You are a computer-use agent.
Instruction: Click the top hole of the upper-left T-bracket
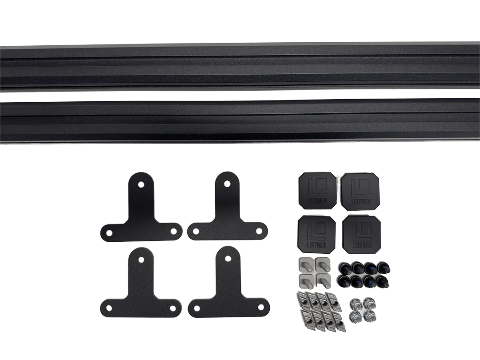pos(140,184)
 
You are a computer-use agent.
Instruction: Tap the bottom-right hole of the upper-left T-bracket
pos(174,230)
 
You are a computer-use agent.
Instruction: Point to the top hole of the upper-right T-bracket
pos(227,183)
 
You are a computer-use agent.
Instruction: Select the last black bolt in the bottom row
pos(382,282)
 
